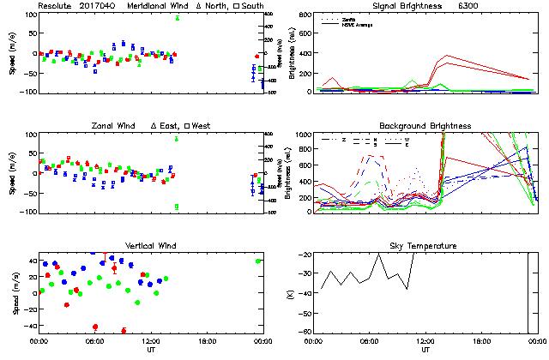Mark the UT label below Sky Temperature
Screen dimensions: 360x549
425,350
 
